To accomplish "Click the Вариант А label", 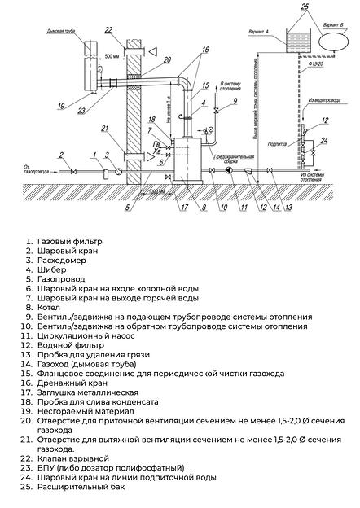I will [257, 30].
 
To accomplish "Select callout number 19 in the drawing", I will [60, 107].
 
